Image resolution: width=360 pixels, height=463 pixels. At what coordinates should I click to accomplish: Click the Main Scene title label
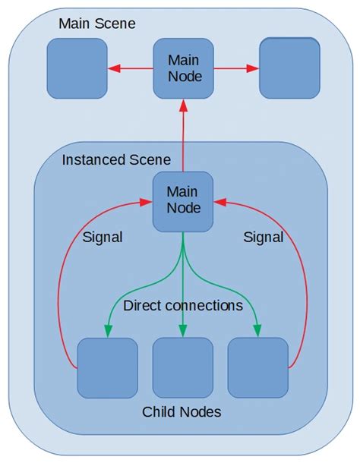(96, 24)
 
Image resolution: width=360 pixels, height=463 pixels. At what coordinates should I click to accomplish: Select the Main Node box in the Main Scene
(182, 68)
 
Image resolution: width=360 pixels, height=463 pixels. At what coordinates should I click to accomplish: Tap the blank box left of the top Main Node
(77, 68)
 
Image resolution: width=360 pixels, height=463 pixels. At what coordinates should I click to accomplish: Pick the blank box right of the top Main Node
(289, 68)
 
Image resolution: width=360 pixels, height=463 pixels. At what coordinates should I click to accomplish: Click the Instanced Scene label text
(115, 161)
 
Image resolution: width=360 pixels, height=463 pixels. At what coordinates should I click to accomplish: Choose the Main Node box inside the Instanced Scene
(182, 201)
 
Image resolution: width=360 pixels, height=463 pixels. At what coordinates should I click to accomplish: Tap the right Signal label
(263, 238)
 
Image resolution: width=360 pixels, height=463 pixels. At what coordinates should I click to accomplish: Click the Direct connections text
(182, 306)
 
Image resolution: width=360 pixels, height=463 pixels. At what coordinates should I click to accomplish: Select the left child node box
(107, 368)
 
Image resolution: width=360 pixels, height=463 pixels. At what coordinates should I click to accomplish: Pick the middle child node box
(182, 368)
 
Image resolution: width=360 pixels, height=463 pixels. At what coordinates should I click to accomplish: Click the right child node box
(257, 368)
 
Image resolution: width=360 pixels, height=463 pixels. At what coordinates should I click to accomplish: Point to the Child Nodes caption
(182, 412)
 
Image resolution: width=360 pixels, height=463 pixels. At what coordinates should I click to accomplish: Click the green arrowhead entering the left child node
(107, 330)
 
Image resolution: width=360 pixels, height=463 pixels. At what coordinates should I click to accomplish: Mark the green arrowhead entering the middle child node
(182, 330)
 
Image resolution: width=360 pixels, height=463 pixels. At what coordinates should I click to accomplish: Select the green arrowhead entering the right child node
(257, 330)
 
